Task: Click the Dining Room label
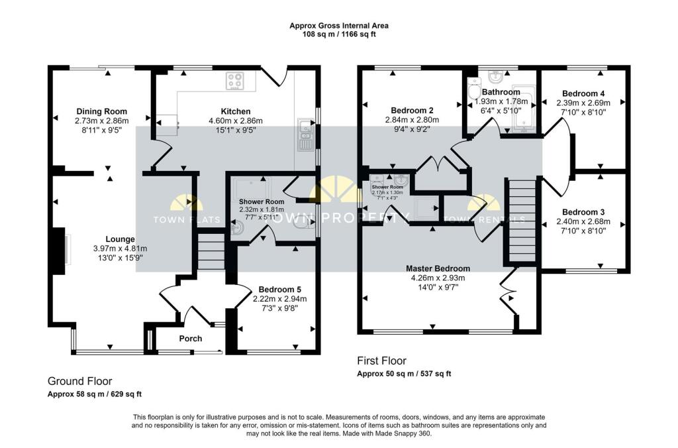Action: tap(101, 111)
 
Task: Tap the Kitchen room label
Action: tap(235, 111)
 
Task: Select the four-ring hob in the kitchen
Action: tap(235, 81)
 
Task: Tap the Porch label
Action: tap(191, 339)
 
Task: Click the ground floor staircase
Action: tap(211, 251)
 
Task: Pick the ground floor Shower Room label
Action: tap(262, 201)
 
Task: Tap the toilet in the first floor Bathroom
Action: tap(473, 90)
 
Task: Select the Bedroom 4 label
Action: tap(583, 93)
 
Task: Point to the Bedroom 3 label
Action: tap(583, 212)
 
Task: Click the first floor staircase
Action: tap(521, 222)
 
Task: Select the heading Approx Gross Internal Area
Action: tap(338, 26)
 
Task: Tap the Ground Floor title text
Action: tap(79, 381)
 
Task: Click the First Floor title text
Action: tap(382, 361)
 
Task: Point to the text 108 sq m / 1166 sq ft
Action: tap(338, 34)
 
